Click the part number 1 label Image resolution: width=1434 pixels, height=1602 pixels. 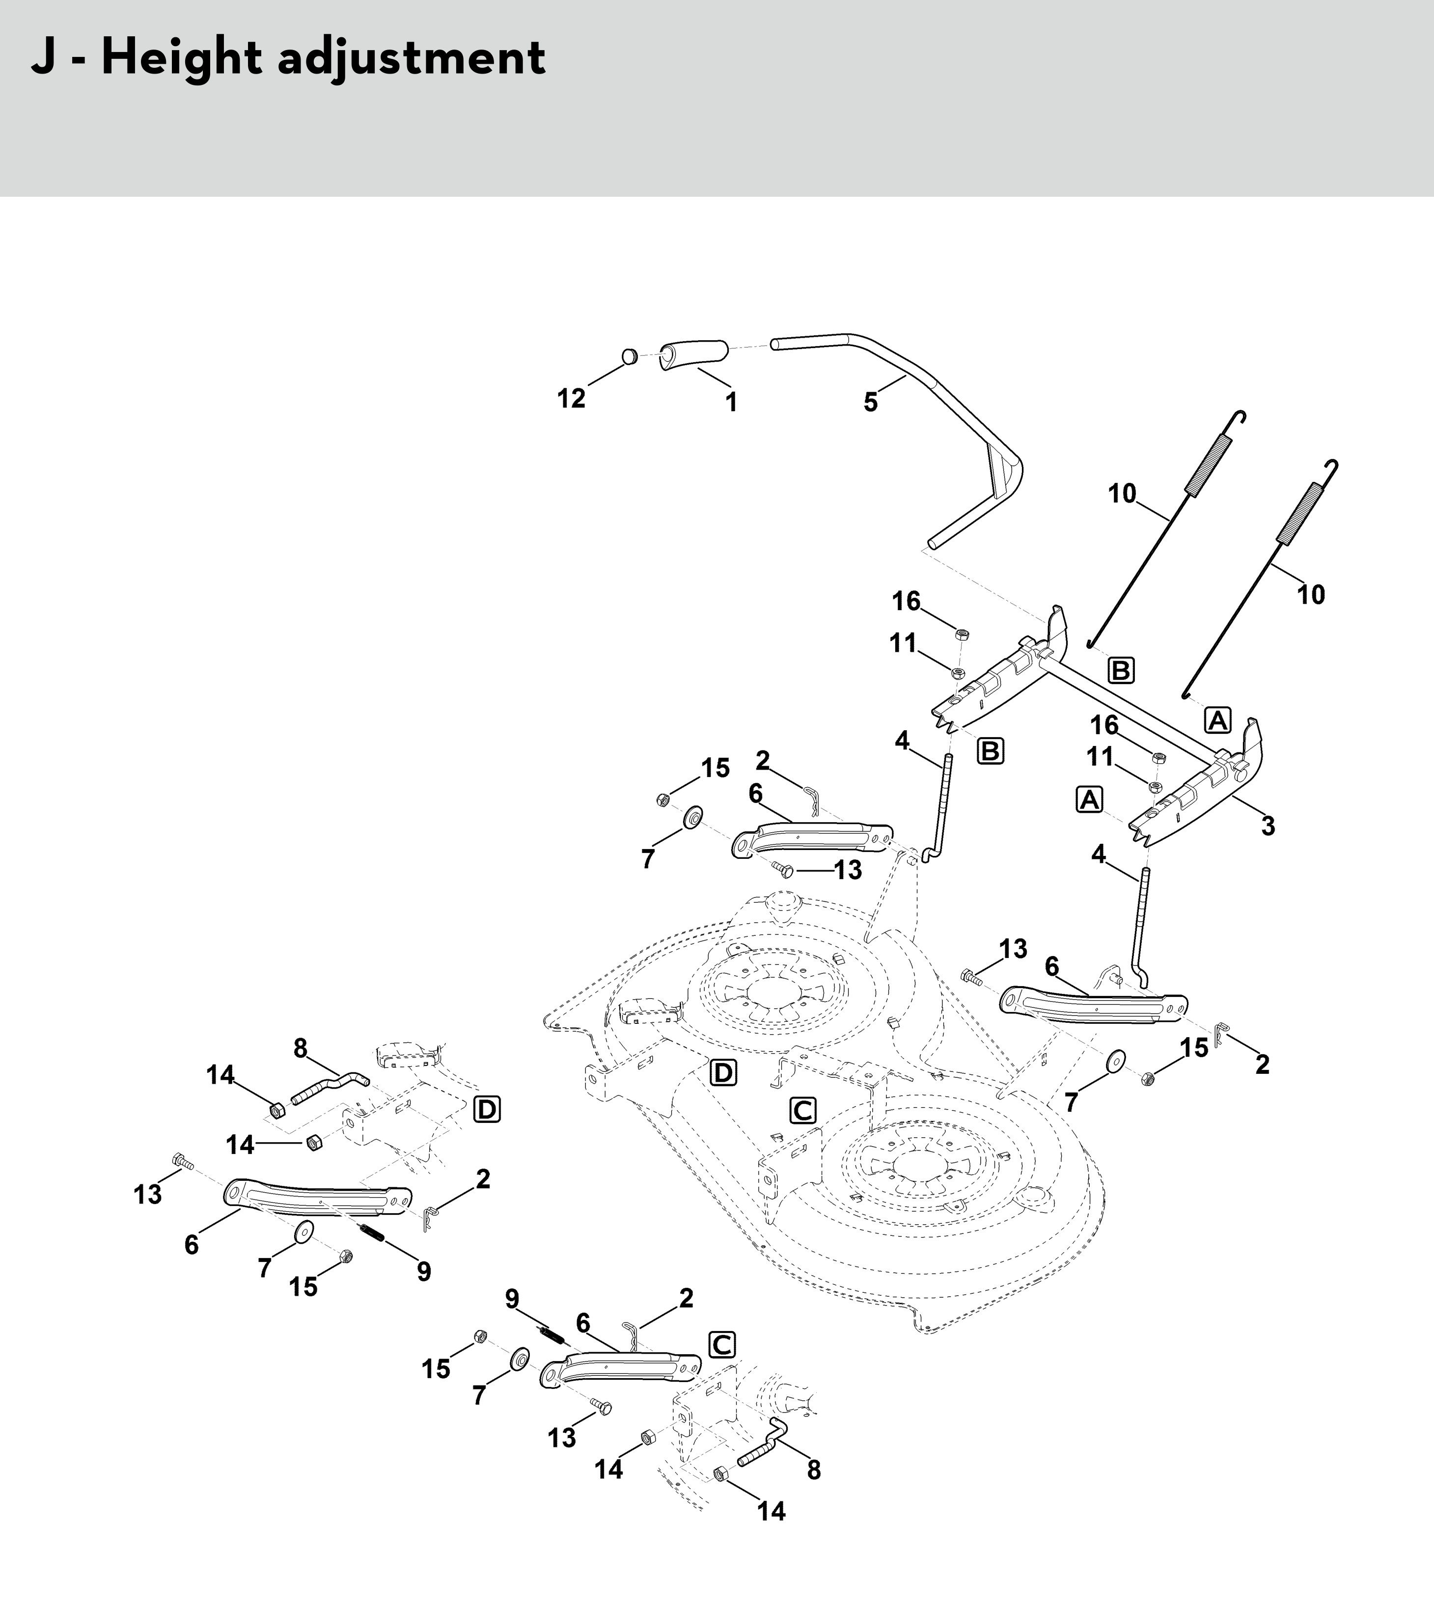(x=731, y=402)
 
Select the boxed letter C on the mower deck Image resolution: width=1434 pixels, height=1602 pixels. (x=803, y=1111)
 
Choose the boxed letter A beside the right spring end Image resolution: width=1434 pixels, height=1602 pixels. (x=1218, y=720)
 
